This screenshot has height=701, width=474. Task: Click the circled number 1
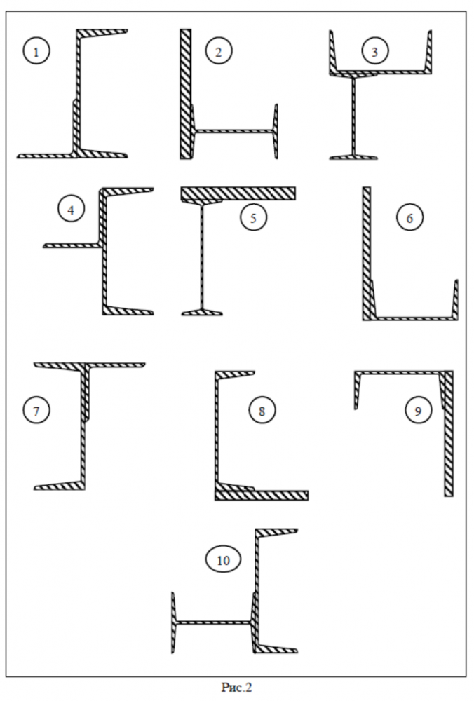(36, 52)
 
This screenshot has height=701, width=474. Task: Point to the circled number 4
(72, 208)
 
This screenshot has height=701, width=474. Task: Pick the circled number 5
(253, 217)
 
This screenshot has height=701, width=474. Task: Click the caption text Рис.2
(236, 688)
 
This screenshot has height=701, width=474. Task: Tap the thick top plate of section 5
(238, 193)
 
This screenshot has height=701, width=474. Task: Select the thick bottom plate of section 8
(261, 495)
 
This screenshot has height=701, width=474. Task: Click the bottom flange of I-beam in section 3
(354, 158)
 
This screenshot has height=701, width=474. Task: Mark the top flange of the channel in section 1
(102, 33)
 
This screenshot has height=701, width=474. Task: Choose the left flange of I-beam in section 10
(173, 622)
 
